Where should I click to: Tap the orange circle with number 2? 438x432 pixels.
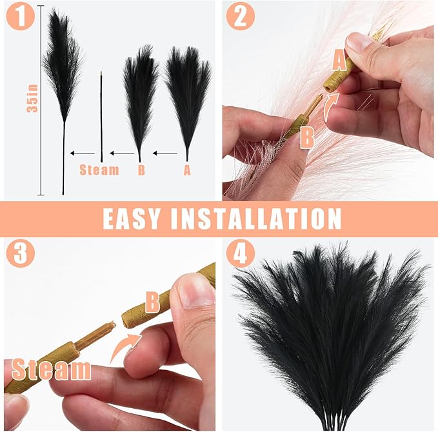point(239,17)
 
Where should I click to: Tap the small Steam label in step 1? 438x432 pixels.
point(99,170)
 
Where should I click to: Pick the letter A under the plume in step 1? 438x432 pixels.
point(187,170)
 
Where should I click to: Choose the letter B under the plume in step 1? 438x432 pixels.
point(141,170)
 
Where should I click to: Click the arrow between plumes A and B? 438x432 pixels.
point(165,153)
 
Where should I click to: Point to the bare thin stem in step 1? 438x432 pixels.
point(101,116)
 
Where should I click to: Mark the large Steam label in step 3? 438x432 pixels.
point(51,369)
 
